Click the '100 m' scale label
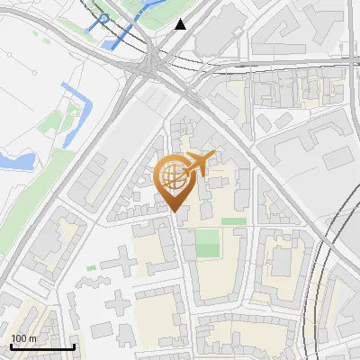pyautogui.click(x=24, y=338)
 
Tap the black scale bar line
pyautogui.click(x=41, y=346)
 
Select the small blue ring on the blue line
pyautogui.click(x=103, y=18)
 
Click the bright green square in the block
pyautogui.click(x=207, y=243)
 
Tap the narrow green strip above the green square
pyautogui.click(x=233, y=220)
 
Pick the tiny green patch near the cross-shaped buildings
pyautogui.click(x=91, y=267)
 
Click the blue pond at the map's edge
pyautogui.click(x=16, y=161)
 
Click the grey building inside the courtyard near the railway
pyautogui.click(x=281, y=261)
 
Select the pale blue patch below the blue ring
pyautogui.click(x=118, y=40)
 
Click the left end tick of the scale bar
pyautogui.click(x=10, y=346)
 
